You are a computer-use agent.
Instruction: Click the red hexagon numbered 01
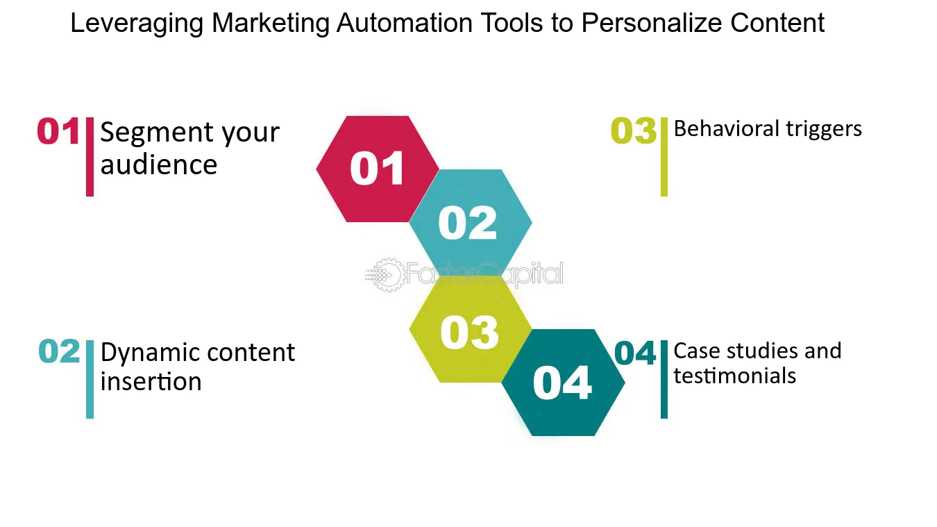point(377,169)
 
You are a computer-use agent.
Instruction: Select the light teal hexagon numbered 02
point(469,222)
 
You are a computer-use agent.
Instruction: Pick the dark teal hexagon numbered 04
point(562,383)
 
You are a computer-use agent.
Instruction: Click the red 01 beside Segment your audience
point(58,132)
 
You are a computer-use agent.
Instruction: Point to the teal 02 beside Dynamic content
point(60,352)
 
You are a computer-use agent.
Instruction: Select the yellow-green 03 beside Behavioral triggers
point(633,132)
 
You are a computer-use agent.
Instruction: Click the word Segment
point(146,133)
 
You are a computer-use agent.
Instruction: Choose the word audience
point(159,165)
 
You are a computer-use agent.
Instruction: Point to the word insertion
point(151,381)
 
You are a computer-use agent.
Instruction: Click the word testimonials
point(734,376)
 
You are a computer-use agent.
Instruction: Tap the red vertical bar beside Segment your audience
point(90,157)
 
